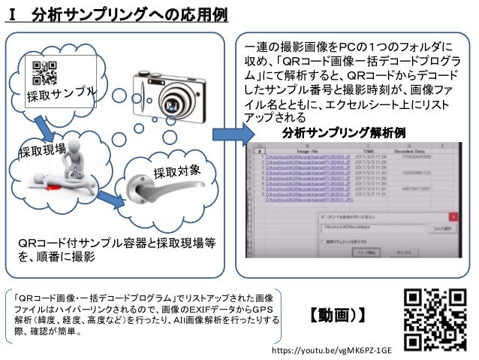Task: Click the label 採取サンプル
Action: coord(62,95)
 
